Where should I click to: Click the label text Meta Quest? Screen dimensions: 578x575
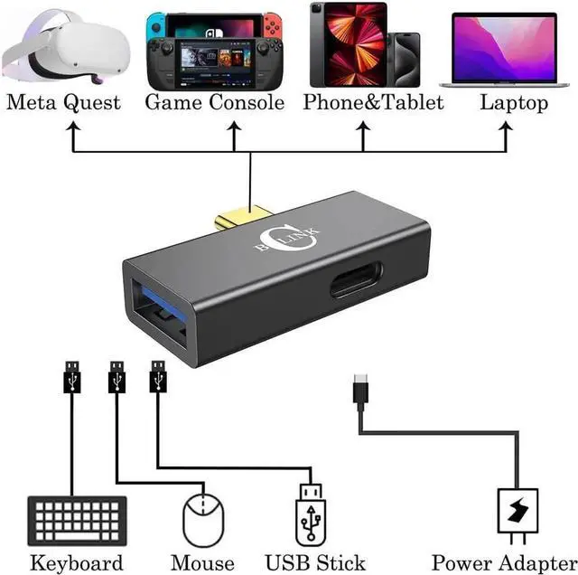(63, 102)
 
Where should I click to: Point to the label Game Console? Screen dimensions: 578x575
(215, 102)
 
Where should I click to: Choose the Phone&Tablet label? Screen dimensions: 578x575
(373, 102)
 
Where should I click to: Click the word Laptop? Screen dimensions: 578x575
(513, 102)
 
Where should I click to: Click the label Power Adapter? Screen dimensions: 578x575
(503, 562)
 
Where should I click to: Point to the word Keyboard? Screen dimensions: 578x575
(76, 562)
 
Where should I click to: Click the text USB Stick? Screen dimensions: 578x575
(314, 562)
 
